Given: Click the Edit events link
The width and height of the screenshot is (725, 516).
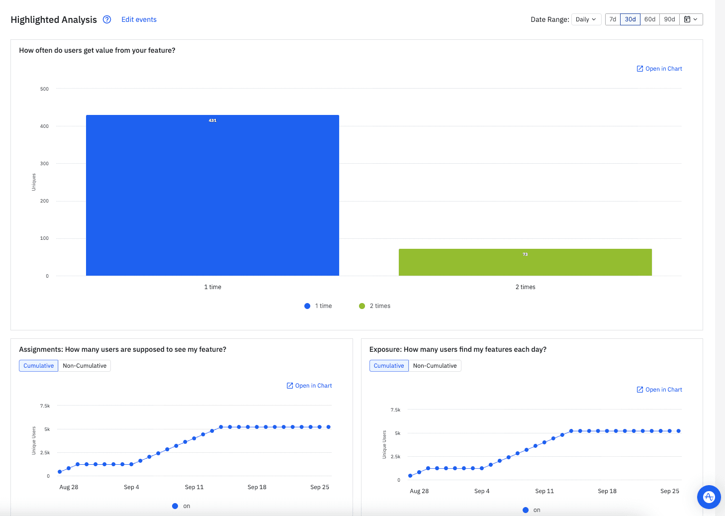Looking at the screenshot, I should point(139,19).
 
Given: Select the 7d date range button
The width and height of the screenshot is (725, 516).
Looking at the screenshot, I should point(613,19).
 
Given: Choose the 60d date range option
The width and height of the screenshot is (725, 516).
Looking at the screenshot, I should point(649,19).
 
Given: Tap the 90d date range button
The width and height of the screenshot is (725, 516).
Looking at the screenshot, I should point(669,19).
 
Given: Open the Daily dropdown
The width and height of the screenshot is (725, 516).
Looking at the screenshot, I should point(586,19).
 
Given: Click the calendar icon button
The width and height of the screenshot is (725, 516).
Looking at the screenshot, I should point(691,19).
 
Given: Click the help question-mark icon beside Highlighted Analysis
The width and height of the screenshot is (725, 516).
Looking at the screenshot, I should point(107,19).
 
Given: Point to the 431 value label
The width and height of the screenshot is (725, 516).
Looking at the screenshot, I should point(212,120).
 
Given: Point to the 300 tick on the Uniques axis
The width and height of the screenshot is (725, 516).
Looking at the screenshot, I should point(44,164).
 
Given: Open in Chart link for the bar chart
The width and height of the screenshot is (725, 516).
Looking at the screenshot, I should point(659,69).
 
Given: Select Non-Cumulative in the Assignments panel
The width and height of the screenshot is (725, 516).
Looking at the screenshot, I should point(85,366).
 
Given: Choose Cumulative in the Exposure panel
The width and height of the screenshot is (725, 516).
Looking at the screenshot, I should point(389,366).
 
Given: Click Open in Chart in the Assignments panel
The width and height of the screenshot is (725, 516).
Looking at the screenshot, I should point(309,386).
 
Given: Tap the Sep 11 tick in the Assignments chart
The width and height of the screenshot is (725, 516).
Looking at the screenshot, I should point(194,487).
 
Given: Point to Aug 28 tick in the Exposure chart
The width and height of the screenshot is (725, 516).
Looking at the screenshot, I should point(419,491).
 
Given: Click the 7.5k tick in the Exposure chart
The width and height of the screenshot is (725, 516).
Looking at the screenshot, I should point(395,410).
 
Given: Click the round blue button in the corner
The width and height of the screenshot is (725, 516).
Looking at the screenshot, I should point(709,497).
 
